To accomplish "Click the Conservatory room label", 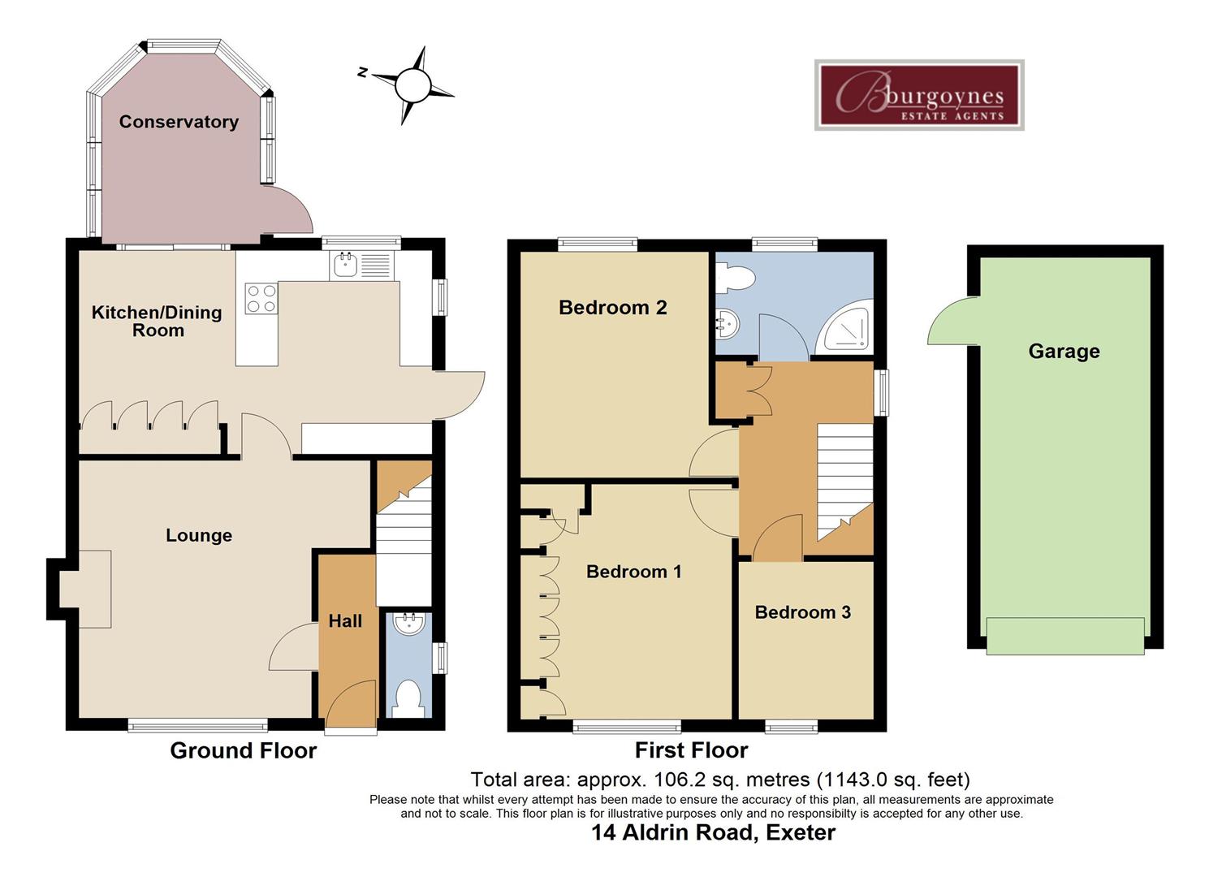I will [x=179, y=122].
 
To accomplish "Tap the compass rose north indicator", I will [x=412, y=84].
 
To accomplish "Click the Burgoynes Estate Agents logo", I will [x=919, y=95].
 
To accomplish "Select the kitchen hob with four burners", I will [x=261, y=298].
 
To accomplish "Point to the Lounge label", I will [x=199, y=535].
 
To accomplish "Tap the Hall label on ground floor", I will [x=345, y=621].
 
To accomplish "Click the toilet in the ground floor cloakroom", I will [x=408, y=698].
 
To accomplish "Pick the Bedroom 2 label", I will [x=613, y=307].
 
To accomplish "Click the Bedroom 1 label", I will [x=633, y=572].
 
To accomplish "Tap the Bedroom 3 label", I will [x=802, y=612].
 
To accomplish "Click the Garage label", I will [x=1064, y=351].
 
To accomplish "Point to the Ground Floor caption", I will [x=243, y=750].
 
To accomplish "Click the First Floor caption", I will [x=691, y=750].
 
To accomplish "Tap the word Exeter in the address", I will [x=801, y=833].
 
